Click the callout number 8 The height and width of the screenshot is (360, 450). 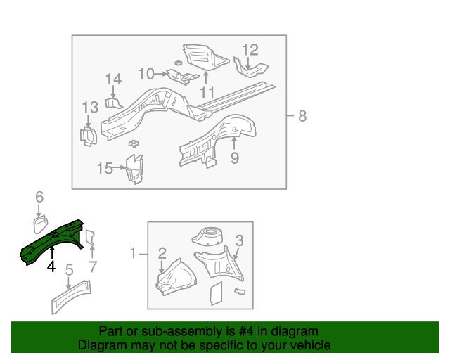[x=302, y=116]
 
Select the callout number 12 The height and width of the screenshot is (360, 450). [x=250, y=50]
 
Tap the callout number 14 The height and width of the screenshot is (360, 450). [x=114, y=79]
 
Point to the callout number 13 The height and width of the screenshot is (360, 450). [x=90, y=108]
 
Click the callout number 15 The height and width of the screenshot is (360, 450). [x=104, y=168]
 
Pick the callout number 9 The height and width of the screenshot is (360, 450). [x=235, y=158]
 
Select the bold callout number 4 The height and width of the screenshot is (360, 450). [x=51, y=266]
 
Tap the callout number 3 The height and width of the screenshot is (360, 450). [x=239, y=241]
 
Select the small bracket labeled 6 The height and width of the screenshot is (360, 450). [x=40, y=224]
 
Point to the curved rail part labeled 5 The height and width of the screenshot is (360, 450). [x=70, y=296]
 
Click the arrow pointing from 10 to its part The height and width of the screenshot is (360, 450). [x=160, y=73]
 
